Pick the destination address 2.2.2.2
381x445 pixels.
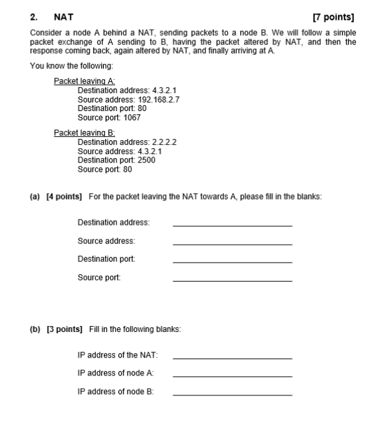coord(164,142)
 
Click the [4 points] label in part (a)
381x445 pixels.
coord(64,196)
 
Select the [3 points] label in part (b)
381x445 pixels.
coord(64,329)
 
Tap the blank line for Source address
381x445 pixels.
coord(232,244)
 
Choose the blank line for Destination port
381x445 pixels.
coord(232,262)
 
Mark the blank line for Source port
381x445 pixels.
coord(232,280)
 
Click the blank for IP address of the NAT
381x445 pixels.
coord(232,358)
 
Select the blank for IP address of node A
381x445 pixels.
coord(232,376)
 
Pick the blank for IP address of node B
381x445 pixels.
coord(232,395)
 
